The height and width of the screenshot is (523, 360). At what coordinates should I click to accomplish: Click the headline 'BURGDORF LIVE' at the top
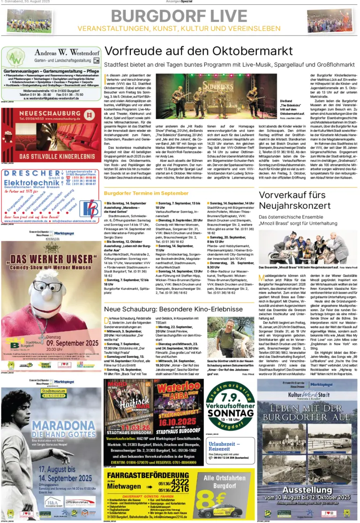pyautogui.click(x=179, y=15)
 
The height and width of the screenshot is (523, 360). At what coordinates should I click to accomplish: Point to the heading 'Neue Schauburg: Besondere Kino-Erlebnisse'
pyautogui.click(x=173, y=309)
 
